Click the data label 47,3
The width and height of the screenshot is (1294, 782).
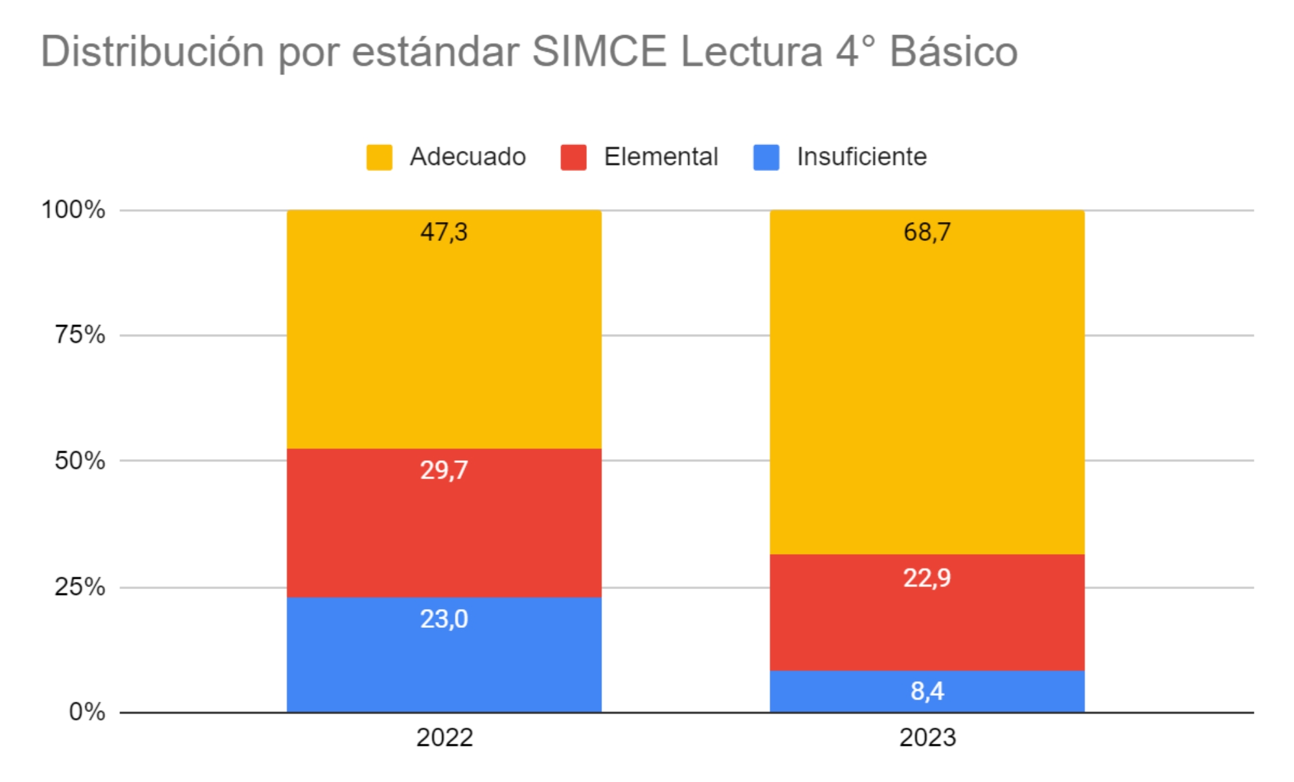coord(444,232)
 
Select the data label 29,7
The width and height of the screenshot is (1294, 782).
coord(444,470)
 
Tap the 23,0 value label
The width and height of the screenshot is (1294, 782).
coord(444,619)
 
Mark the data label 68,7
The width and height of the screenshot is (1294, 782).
coord(927,232)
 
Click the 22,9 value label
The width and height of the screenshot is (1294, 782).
coord(927,577)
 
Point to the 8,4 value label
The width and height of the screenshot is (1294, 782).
coord(927,691)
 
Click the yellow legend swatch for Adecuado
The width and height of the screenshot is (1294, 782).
coord(379,157)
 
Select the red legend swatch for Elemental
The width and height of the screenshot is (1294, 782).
coord(573,157)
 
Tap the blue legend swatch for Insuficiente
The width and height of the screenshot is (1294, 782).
coord(766,157)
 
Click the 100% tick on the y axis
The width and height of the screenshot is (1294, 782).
coord(73,210)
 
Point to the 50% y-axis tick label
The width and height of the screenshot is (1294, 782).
coord(80,461)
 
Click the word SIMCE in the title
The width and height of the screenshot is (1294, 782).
coord(599,52)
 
